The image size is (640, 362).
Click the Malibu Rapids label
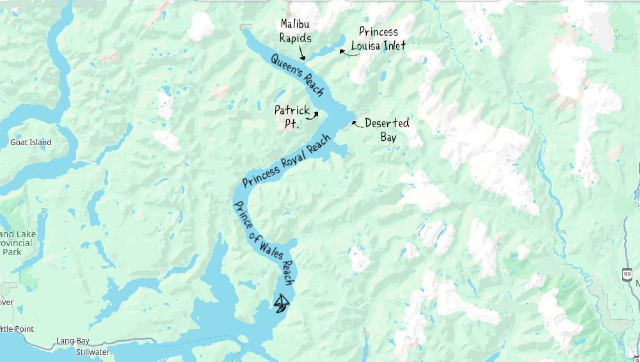(x=296, y=31)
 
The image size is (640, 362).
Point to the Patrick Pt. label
(x=291, y=116)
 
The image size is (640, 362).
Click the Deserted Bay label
(x=387, y=129)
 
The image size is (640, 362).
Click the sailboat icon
(x=282, y=303)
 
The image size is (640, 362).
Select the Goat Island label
(x=31, y=143)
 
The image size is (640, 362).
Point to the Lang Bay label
(x=73, y=341)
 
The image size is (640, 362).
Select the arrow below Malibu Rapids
(x=303, y=56)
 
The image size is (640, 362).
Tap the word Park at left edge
(x=11, y=252)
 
